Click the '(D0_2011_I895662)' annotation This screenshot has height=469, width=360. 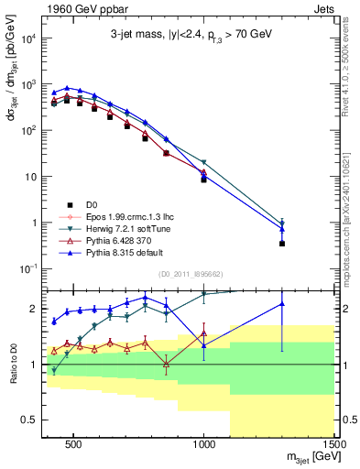click(191, 273)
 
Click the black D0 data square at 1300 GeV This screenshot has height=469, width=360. click(282, 244)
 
